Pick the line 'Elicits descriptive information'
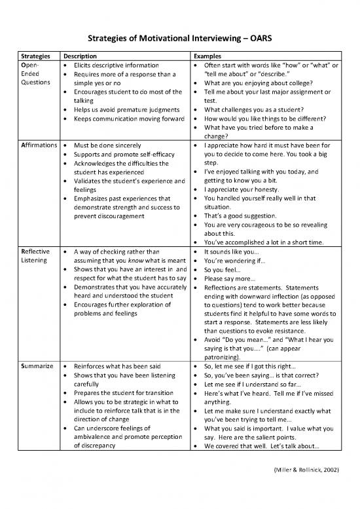(x=117, y=66)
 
